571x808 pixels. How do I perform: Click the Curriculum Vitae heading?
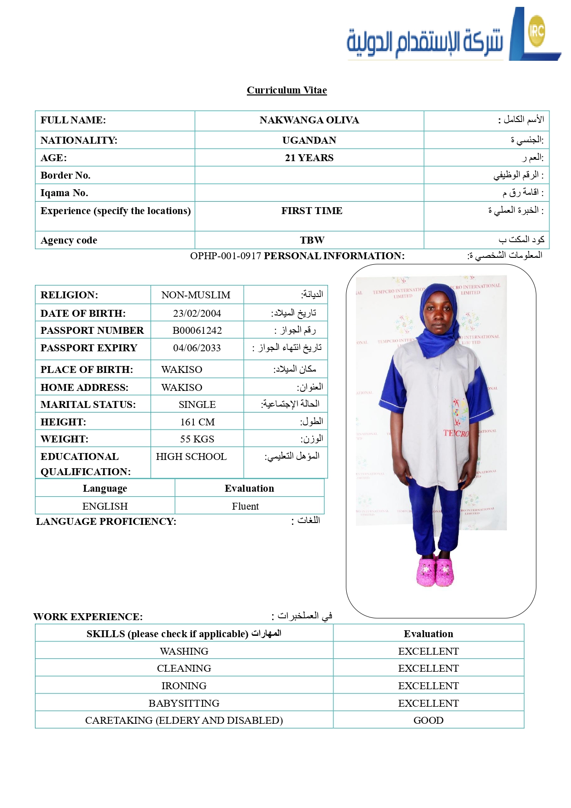286,90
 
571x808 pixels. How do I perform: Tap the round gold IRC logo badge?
536,31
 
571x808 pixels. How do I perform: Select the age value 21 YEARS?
309,158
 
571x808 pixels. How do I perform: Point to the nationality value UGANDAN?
309,140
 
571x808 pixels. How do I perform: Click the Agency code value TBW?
312,240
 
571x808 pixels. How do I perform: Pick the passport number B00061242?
197,331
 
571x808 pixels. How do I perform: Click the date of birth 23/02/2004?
197,314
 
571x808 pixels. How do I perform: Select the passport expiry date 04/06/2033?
197,348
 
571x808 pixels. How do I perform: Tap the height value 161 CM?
197,422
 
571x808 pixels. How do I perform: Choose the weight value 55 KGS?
197,439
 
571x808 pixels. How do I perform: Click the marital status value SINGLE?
197,405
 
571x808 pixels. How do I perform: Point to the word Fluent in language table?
245,506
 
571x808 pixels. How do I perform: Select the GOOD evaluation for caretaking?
428,721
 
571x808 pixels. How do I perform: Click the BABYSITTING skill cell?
184,703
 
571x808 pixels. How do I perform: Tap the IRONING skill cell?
184,686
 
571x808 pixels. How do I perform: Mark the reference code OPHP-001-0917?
226,256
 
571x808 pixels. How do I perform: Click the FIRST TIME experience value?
312,211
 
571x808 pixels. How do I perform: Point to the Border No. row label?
65,175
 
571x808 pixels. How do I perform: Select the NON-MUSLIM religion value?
196,295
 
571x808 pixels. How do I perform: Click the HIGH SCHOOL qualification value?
191,457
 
